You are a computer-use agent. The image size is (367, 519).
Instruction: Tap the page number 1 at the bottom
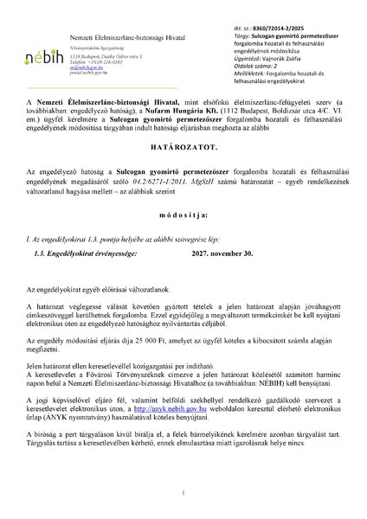(183, 494)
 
